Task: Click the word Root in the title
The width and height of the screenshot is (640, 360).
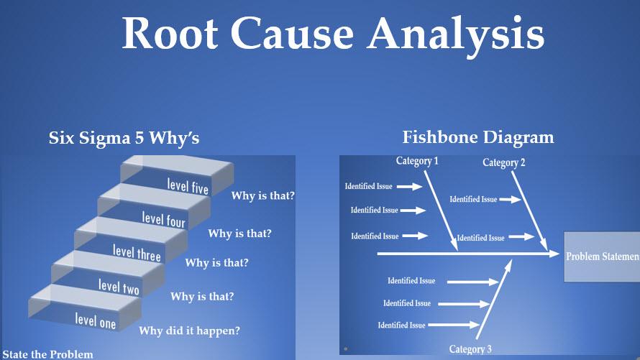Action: click(x=170, y=34)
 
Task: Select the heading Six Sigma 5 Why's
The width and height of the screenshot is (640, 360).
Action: click(x=124, y=138)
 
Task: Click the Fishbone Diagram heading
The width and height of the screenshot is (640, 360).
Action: click(x=478, y=137)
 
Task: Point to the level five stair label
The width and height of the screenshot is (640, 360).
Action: click(x=188, y=186)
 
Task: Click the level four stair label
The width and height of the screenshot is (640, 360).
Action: click(x=164, y=219)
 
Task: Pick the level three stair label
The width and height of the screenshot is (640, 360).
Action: click(x=137, y=252)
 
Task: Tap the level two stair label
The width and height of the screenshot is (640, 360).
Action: click(x=119, y=286)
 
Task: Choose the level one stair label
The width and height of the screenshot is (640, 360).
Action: click(x=96, y=320)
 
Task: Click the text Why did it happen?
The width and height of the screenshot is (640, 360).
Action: click(x=189, y=331)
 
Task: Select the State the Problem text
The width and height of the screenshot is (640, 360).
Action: click(x=47, y=354)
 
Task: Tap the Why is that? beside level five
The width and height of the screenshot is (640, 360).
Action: click(x=263, y=195)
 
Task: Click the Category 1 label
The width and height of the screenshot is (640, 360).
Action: click(x=417, y=162)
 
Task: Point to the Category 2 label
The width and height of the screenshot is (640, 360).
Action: click(x=503, y=162)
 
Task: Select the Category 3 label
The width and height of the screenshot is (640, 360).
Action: click(x=470, y=349)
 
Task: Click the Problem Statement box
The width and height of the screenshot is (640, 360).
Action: click(x=602, y=257)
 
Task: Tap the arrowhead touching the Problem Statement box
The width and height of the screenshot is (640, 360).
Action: click(x=554, y=254)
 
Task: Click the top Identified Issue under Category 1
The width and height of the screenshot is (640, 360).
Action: click(x=369, y=186)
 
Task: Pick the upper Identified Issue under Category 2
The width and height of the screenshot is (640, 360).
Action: click(x=473, y=199)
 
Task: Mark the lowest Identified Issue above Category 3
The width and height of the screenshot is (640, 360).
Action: click(x=402, y=325)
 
